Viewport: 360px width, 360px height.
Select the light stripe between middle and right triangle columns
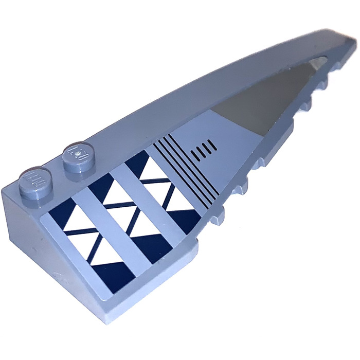click(149, 206)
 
